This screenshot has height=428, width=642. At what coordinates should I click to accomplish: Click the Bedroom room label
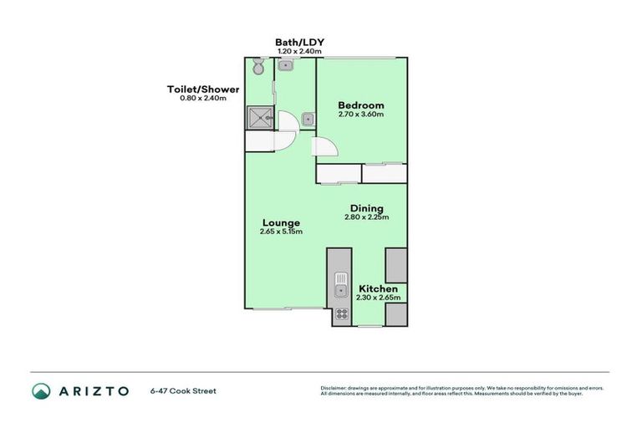361,105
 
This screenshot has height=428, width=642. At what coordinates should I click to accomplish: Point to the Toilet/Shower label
204,89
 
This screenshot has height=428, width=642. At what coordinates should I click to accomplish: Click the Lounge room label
281,222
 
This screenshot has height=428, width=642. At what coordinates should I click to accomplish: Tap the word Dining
367,208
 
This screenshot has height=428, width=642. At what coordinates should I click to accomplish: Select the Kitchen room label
378,288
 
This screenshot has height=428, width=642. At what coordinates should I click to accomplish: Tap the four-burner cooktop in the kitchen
341,315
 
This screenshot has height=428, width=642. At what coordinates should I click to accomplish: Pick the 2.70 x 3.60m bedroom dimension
361,115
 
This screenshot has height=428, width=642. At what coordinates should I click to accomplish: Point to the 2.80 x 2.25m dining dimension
367,217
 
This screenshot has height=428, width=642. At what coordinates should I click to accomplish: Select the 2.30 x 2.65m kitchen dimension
378,298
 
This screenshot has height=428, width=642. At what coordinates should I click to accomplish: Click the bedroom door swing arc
328,147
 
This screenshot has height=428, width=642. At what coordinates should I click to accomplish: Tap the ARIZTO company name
94,390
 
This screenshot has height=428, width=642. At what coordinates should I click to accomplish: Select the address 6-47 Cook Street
183,390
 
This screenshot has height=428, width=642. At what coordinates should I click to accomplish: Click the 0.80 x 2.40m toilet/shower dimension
204,99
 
